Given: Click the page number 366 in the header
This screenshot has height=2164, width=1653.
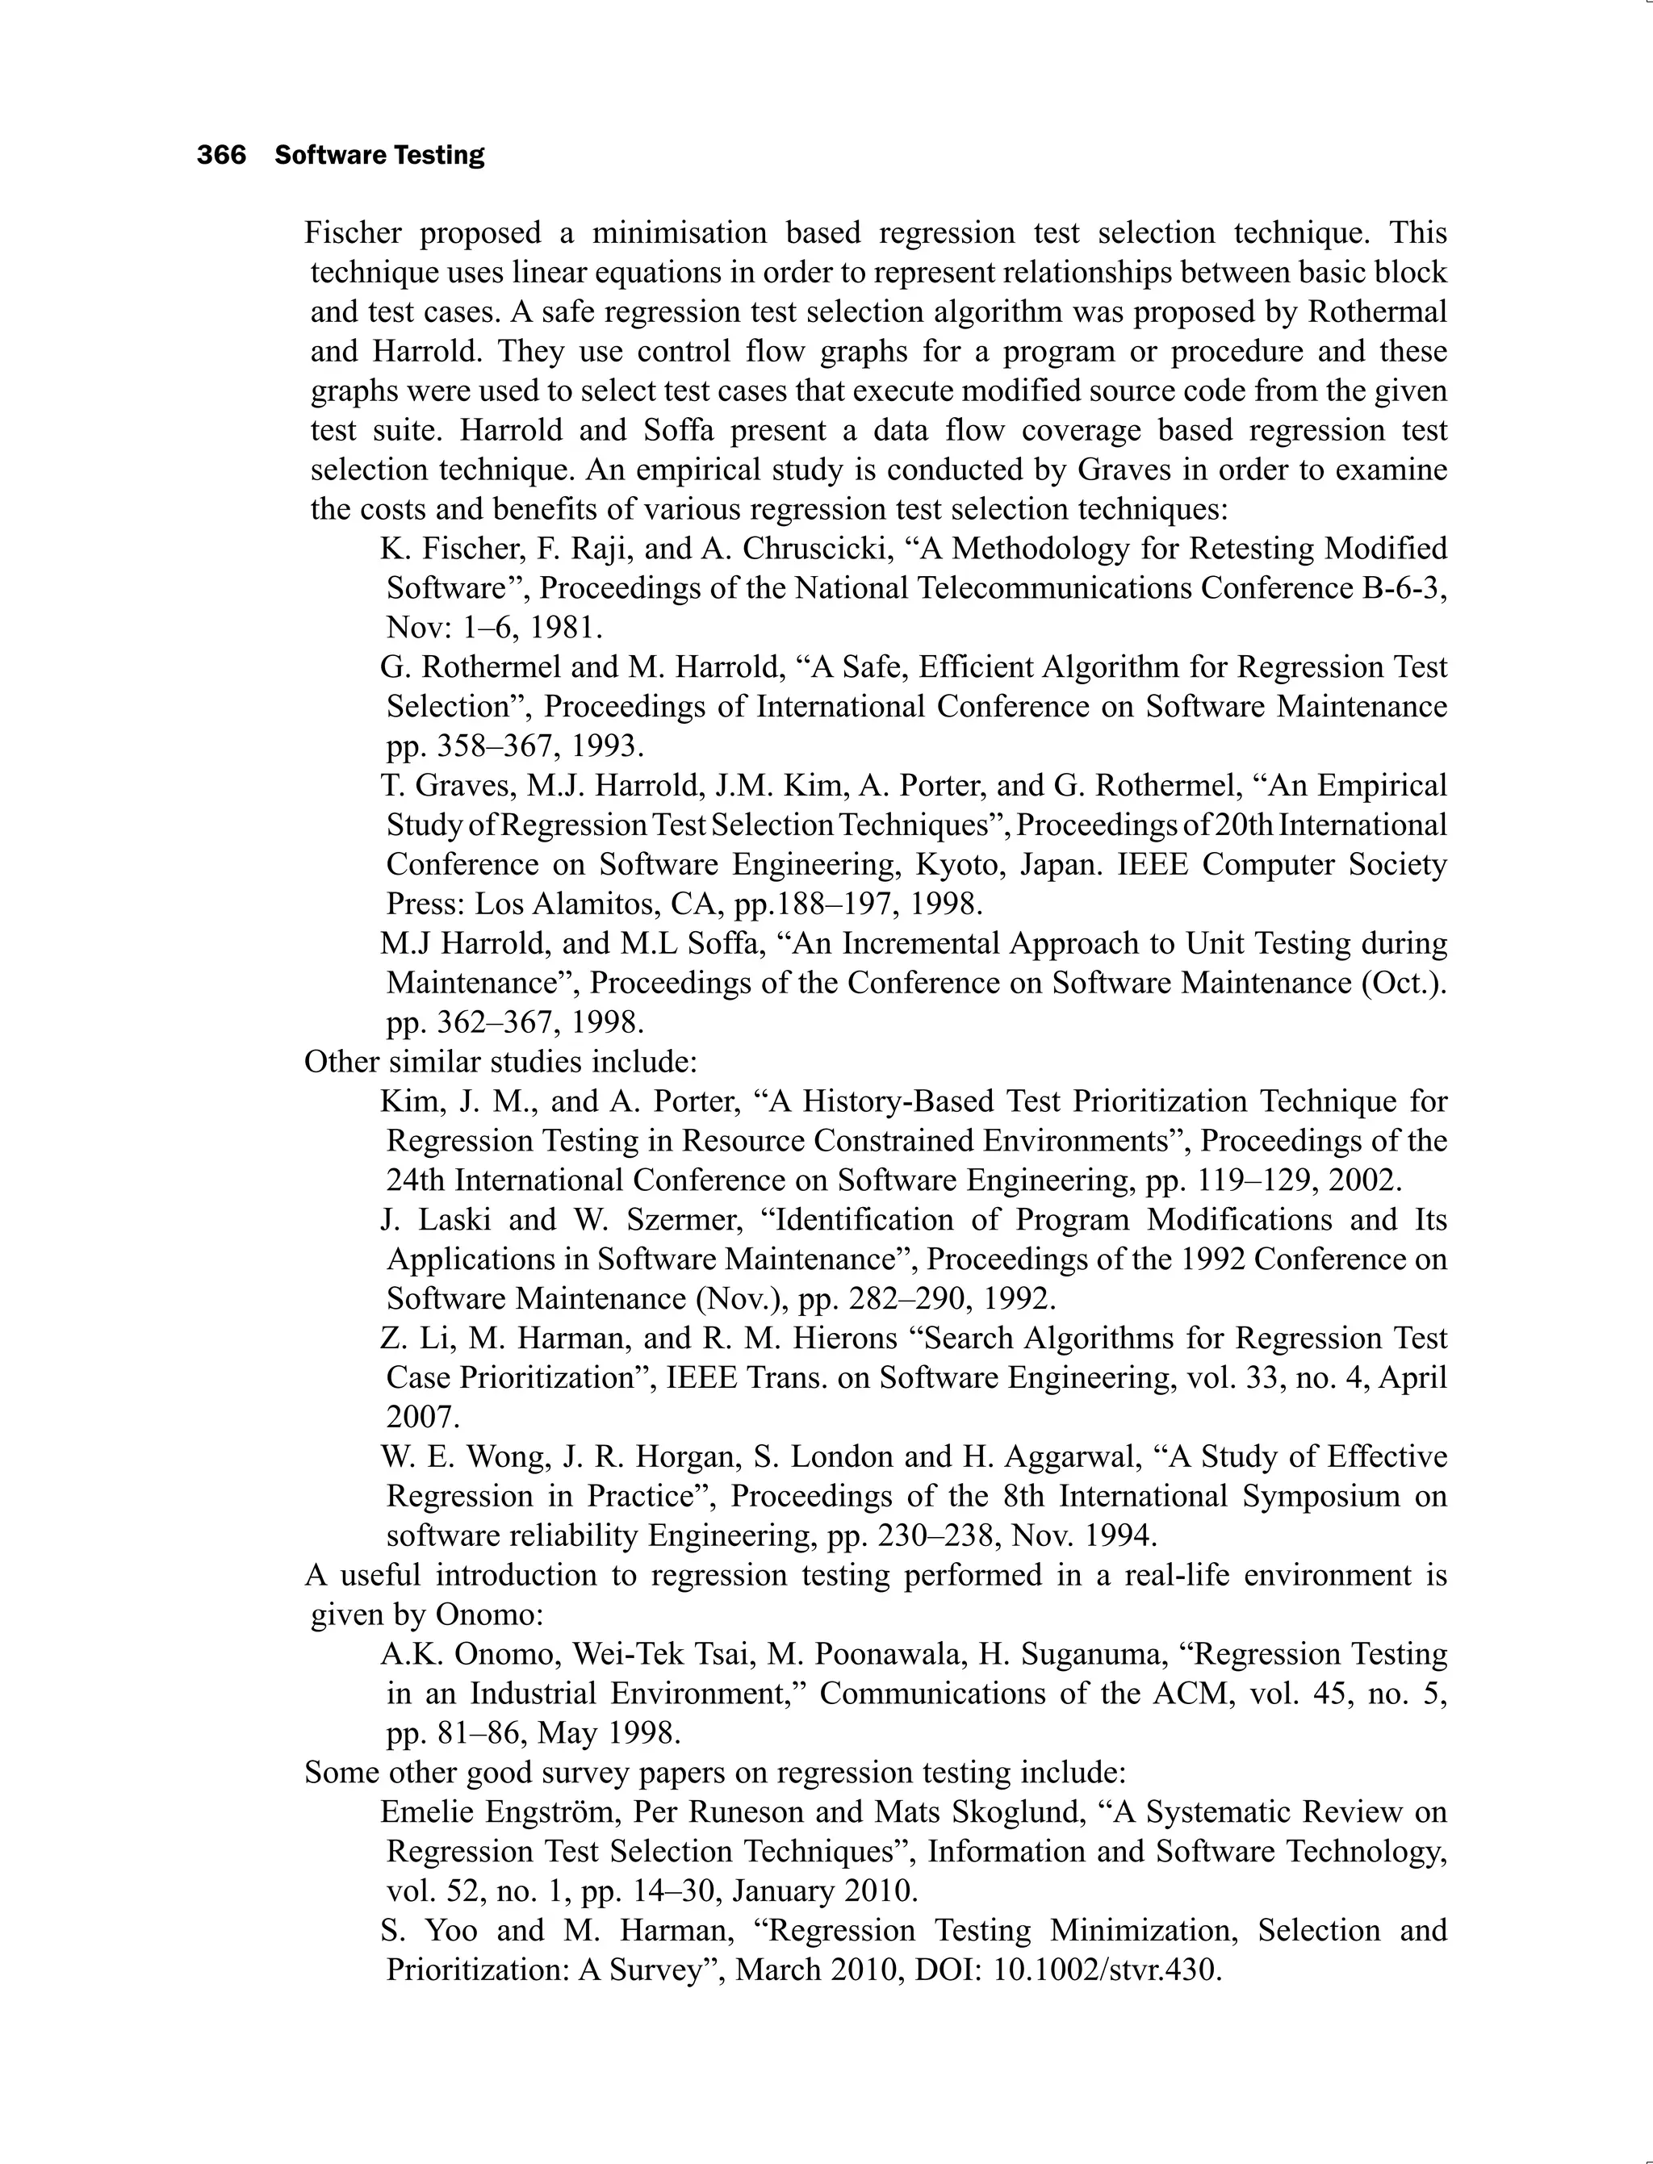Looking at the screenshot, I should click(221, 156).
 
